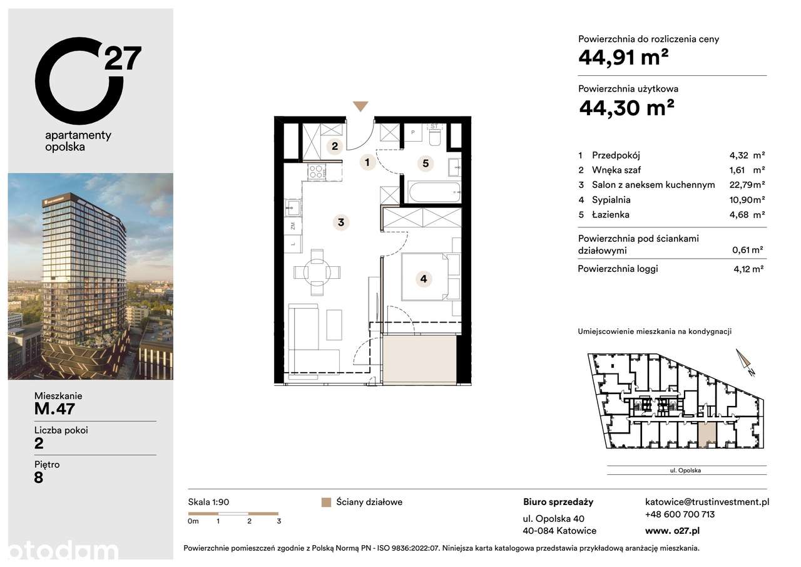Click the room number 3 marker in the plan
340,222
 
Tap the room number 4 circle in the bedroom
424,279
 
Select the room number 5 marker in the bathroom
425,164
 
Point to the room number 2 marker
335,147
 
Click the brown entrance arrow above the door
360,107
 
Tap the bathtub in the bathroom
434,192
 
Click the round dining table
317,272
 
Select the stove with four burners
317,171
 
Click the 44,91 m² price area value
623,58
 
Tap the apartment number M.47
55,409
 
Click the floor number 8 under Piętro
39,478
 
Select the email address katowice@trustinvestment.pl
707,502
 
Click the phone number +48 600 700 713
680,514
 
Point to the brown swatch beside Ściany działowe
325,502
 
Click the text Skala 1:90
209,502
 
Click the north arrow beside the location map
745,362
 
